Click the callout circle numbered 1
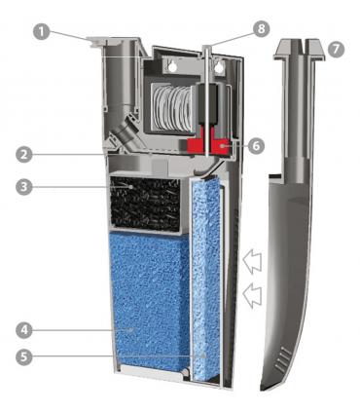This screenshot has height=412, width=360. [x=42, y=32]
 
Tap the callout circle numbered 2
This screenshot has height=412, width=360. [x=24, y=155]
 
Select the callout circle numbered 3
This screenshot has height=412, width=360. [x=24, y=187]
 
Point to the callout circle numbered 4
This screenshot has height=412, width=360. [x=24, y=330]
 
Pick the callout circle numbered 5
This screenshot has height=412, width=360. [x=24, y=356]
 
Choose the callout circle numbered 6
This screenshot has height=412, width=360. [x=256, y=146]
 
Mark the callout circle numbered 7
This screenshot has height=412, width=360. [x=336, y=50]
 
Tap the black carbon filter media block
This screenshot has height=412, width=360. [x=146, y=204]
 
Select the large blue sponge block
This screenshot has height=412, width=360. [x=150, y=302]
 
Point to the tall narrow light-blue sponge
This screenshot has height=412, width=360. [x=205, y=280]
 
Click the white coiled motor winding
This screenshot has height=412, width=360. [x=173, y=106]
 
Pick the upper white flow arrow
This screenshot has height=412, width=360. [x=252, y=260]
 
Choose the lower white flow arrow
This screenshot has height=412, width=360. [x=252, y=294]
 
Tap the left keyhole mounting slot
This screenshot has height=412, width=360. [x=172, y=66]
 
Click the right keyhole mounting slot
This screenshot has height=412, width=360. [x=220, y=66]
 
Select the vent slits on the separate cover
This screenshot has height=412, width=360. [x=283, y=359]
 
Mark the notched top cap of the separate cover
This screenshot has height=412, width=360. [x=300, y=50]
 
